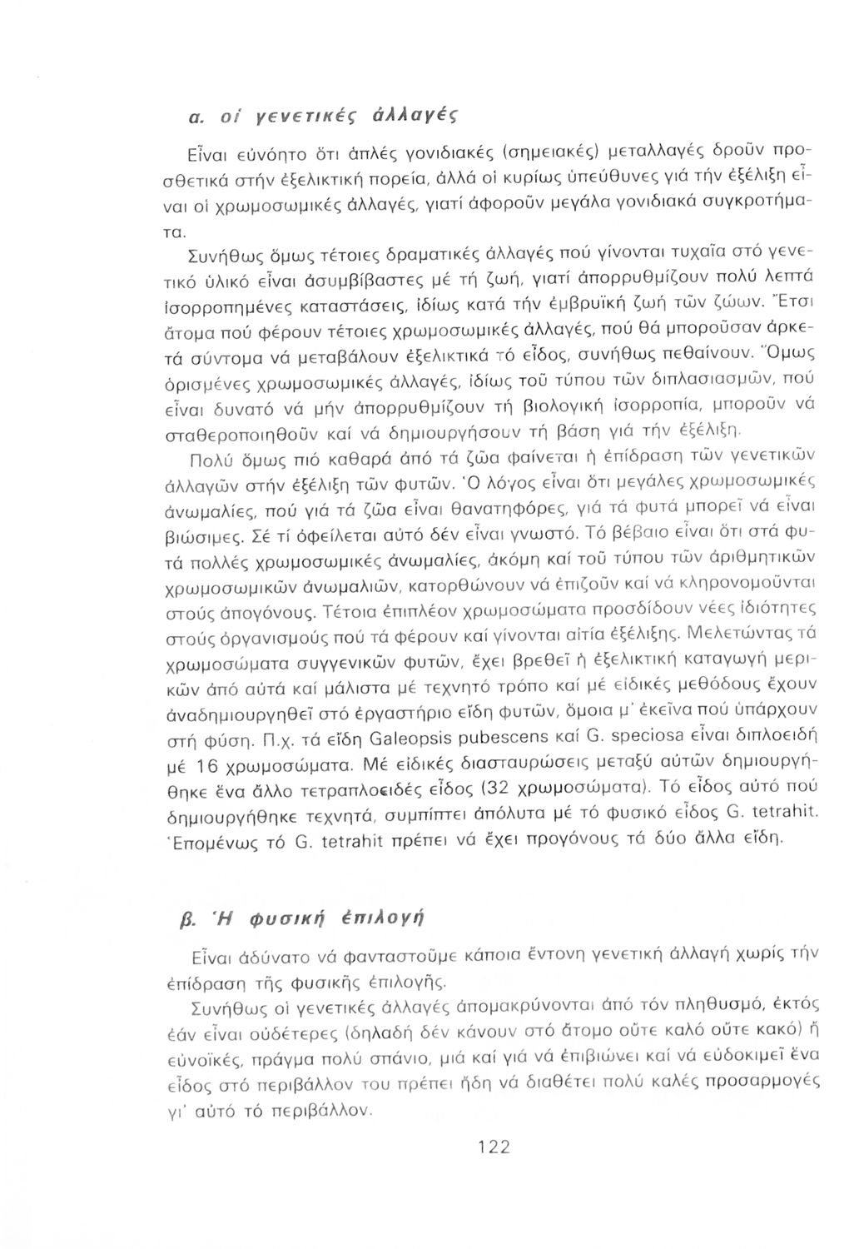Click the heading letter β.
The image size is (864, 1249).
coord(197,913)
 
